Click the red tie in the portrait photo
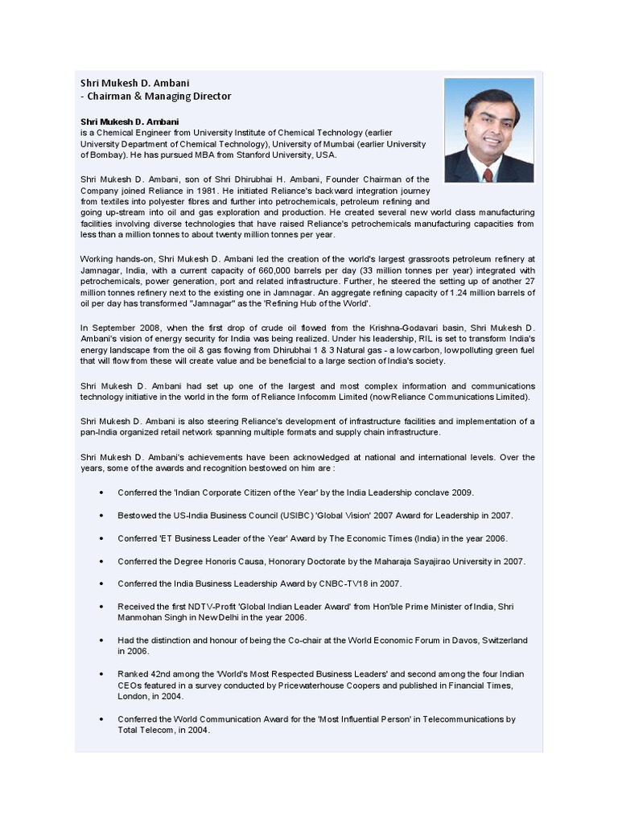488,174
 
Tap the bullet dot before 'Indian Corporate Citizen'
101,492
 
